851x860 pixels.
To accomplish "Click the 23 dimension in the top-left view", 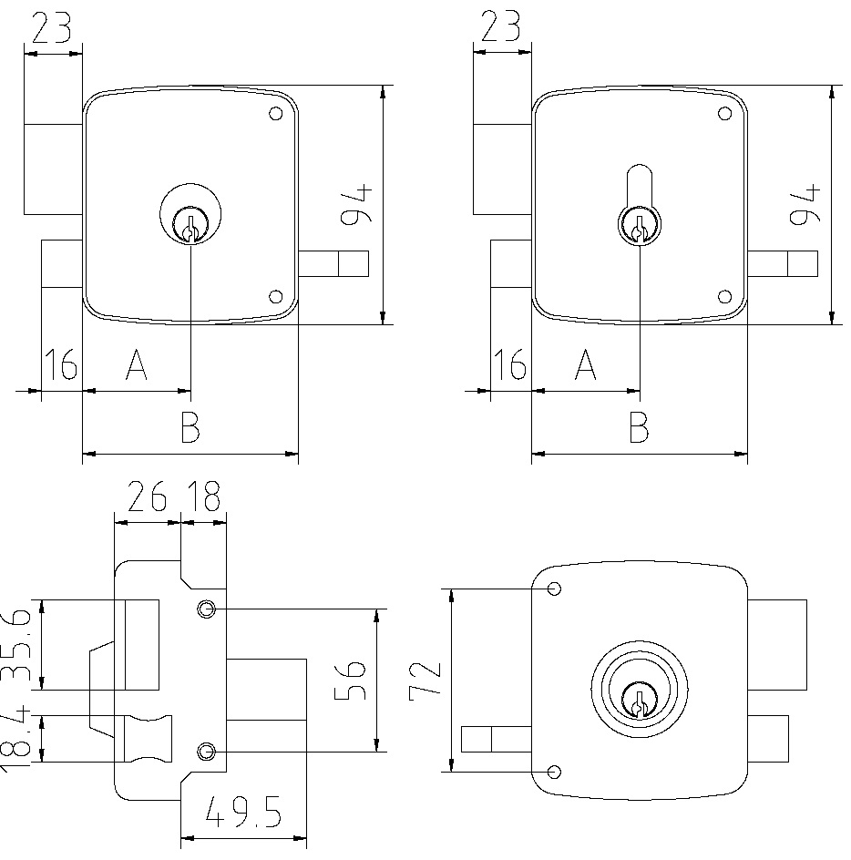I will (x=52, y=29).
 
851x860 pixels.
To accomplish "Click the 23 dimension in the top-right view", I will (x=500, y=29).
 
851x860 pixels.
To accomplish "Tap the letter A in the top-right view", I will (x=585, y=367).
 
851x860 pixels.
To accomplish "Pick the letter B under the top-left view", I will (x=189, y=427).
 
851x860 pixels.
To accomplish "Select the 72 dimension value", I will (x=426, y=680).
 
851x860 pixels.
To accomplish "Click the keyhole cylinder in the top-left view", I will (x=190, y=224).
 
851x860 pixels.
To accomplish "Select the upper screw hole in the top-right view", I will (x=724, y=114).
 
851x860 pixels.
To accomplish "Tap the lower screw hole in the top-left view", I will (x=276, y=296).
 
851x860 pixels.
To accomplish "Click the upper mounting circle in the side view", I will (x=207, y=609).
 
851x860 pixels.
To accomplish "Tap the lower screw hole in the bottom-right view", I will (x=553, y=772).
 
